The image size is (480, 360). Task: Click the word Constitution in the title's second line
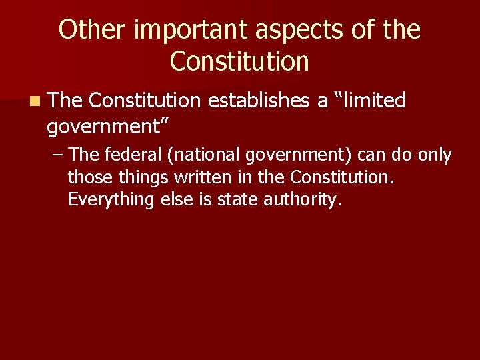point(240,62)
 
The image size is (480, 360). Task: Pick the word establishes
point(258,101)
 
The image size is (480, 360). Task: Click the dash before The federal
point(58,155)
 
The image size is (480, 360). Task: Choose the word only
point(434,155)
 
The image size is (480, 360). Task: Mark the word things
point(140,177)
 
